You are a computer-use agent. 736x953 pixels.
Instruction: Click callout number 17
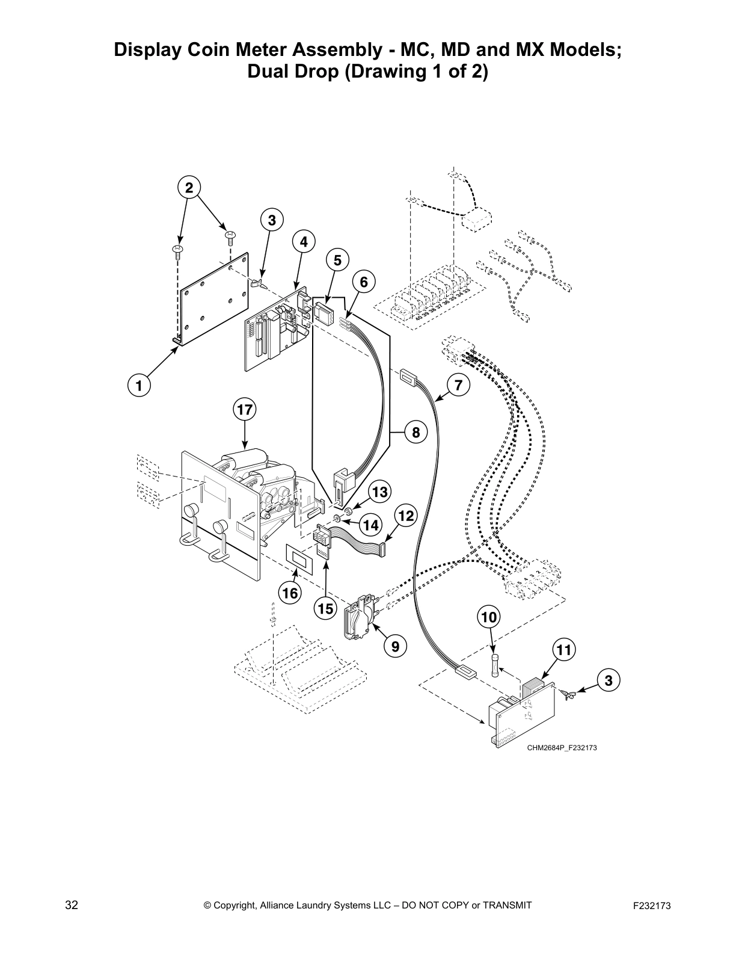[244, 410]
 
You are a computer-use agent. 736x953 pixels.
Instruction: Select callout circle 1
[139, 384]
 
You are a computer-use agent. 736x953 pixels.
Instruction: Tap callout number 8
[416, 432]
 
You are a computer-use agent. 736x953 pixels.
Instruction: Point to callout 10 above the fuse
[489, 617]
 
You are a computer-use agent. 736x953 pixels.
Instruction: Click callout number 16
[290, 593]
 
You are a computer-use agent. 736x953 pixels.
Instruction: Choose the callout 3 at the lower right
[609, 680]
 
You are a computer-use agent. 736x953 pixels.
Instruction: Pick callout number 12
[406, 516]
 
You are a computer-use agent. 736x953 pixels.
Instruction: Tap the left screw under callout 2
[177, 250]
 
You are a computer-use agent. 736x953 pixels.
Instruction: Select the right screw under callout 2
[230, 235]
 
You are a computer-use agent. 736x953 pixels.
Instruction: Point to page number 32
[72, 905]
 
